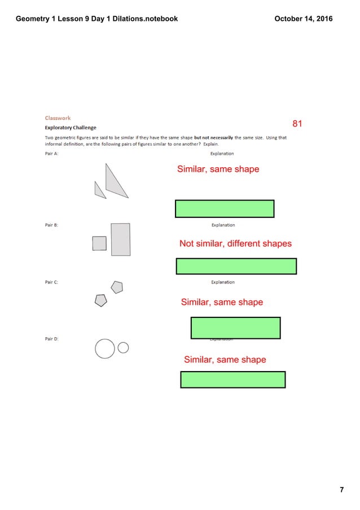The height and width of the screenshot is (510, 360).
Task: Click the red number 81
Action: coord(297,124)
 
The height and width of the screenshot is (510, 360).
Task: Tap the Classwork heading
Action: coord(58,118)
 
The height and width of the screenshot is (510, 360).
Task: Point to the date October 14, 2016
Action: coord(303,19)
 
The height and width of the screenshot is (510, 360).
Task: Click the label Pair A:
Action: coord(51,154)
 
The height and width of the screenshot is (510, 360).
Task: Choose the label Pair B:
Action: coord(51,225)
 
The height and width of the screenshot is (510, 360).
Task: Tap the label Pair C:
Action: coord(51,282)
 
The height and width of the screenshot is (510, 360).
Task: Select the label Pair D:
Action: coord(51,339)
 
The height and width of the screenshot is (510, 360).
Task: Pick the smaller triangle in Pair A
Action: coord(99,191)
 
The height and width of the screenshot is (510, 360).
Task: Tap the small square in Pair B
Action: coord(99,243)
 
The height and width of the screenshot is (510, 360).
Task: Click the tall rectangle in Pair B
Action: coord(120,239)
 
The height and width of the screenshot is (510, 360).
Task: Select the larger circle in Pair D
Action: coord(105,348)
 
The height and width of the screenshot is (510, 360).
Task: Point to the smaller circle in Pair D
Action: coord(123,347)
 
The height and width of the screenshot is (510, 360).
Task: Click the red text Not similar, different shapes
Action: coord(235,244)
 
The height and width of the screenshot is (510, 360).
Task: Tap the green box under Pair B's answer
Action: coord(236,266)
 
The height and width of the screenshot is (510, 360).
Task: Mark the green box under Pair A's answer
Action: coord(224,208)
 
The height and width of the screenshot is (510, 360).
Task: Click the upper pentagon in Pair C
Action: coord(117,287)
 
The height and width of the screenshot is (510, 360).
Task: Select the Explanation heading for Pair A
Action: coord(222,154)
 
